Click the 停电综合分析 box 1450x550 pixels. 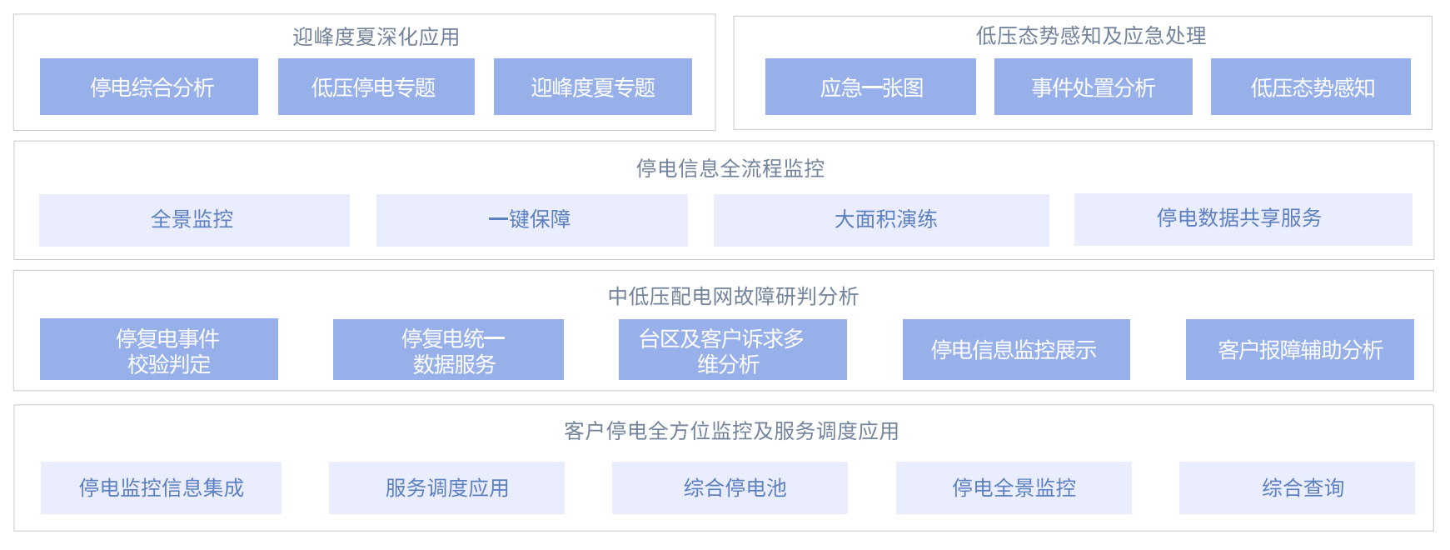[x=149, y=87]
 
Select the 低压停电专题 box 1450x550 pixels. [x=376, y=87]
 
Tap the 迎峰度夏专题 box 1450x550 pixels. [x=593, y=87]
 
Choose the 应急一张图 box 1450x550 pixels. [x=870, y=87]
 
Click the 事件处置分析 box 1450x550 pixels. [x=1094, y=87]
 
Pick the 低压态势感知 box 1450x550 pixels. [x=1311, y=87]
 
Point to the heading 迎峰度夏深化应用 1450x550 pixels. [x=376, y=37]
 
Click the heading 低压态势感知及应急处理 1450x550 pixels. [x=1091, y=36]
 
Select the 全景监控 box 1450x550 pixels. [x=194, y=220]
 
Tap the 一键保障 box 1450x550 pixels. [x=532, y=220]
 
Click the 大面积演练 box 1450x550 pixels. [x=881, y=220]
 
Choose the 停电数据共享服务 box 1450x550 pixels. [x=1243, y=219]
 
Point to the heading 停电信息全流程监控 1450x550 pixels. [x=730, y=168]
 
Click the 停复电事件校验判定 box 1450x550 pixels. [x=159, y=349]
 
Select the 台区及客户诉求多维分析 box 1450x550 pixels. [x=733, y=350]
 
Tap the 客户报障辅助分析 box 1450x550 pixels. [x=1300, y=350]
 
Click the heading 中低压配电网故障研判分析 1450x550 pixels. [x=734, y=297]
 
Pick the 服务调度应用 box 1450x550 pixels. [x=446, y=487]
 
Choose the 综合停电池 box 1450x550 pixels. [x=730, y=487]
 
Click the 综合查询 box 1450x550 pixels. [x=1297, y=487]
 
